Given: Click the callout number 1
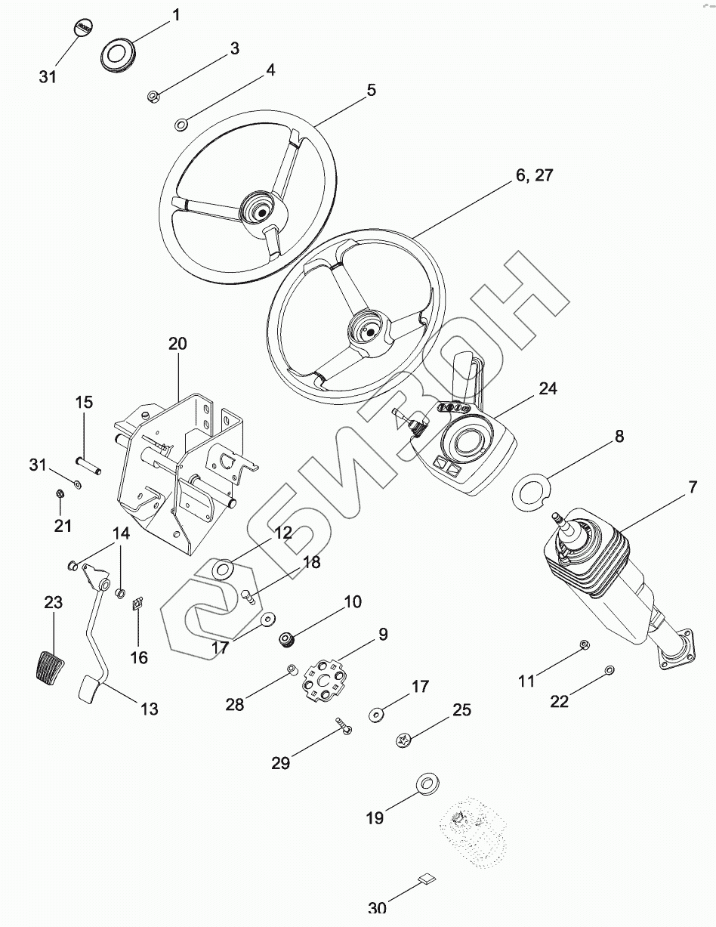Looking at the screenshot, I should tap(176, 14).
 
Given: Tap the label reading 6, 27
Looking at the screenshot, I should tap(534, 175).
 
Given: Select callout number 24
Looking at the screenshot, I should tap(548, 388).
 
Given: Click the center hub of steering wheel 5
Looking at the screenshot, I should tap(257, 211).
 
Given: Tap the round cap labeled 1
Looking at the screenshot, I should tap(117, 54).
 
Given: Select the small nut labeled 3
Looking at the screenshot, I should tap(152, 96).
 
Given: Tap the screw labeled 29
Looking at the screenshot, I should tap(343, 728).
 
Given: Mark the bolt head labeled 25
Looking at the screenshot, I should tap(403, 740).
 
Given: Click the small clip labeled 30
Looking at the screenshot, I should tap(427, 879).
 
